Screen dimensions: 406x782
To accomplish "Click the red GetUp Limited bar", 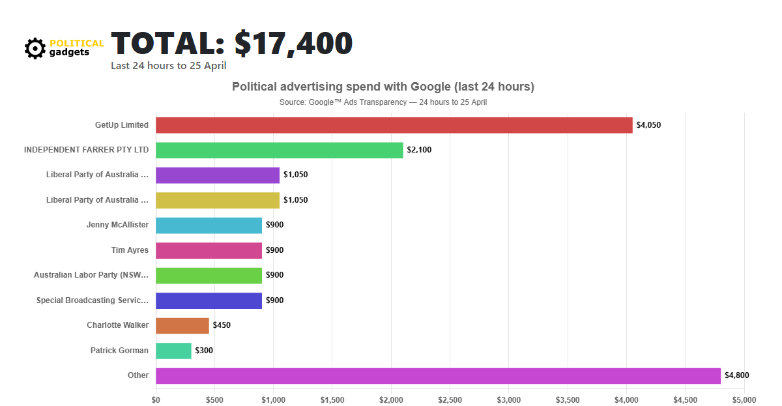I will point(394,125).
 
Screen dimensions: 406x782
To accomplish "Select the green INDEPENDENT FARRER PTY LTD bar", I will point(279,150).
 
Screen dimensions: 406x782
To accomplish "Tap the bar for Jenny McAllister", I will point(209,225).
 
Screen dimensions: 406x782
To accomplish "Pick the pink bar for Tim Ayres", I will point(209,250).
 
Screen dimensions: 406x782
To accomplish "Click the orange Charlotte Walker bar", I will point(182,325).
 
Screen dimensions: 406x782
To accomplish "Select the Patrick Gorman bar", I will point(173,351).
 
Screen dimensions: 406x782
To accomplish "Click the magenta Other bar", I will point(438,375).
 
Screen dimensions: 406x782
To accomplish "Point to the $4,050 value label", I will point(648,125).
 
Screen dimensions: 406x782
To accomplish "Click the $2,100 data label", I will point(419,150).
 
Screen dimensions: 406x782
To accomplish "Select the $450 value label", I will point(222,325).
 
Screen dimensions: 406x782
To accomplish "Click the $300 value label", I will point(204,351).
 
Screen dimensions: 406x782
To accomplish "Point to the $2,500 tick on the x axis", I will point(450,399).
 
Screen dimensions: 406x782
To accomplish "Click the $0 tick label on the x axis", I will point(156,399).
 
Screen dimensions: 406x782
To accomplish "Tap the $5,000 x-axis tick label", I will point(744,399).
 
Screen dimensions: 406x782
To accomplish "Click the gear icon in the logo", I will point(35,48).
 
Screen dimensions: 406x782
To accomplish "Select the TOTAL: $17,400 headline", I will point(231,43).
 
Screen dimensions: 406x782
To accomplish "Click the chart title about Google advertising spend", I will point(383,87).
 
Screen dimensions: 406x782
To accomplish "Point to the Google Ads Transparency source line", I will point(383,102).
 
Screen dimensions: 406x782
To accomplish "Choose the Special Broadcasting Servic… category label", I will point(93,300).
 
